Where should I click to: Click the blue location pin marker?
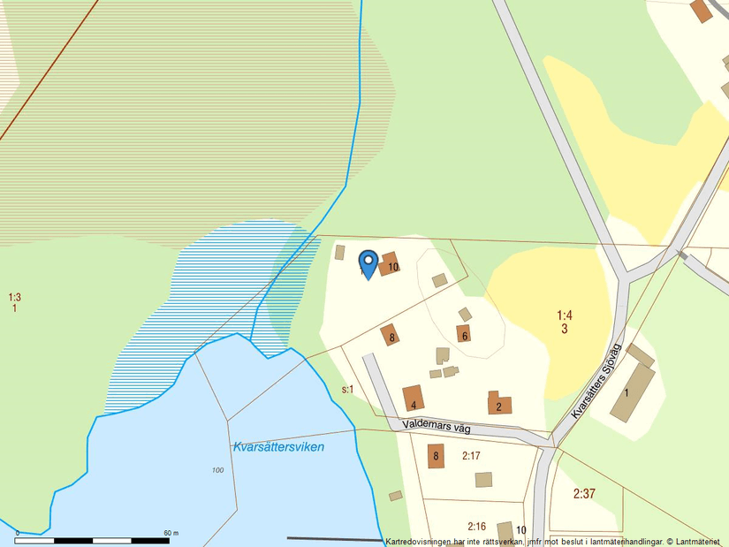[x=368, y=262]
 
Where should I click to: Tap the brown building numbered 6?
[x=463, y=334]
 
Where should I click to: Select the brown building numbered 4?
[x=414, y=399]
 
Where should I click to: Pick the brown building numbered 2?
[x=498, y=404]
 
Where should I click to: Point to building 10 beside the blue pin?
[x=389, y=264]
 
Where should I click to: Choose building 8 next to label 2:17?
[x=435, y=457]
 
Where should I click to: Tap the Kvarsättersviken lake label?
[x=278, y=447]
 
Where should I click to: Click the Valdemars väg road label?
[x=437, y=426]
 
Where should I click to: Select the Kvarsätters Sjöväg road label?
[x=597, y=382]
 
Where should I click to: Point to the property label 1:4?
[x=565, y=315]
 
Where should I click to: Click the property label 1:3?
[x=14, y=298]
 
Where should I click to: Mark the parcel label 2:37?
[x=584, y=494]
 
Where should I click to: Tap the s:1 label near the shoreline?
[x=347, y=389]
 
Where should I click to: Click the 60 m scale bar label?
[x=171, y=533]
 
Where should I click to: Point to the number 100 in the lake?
[x=217, y=470]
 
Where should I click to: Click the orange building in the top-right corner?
[x=702, y=11]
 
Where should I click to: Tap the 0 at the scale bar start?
[x=18, y=533]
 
